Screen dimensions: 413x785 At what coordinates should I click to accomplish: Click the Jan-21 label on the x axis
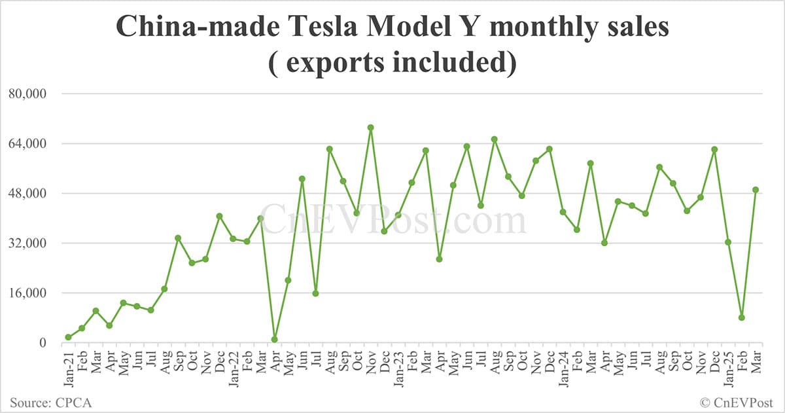click(x=68, y=363)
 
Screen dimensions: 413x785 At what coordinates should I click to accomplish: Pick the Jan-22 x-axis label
click(x=234, y=363)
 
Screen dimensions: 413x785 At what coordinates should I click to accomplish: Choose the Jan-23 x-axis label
click(x=398, y=363)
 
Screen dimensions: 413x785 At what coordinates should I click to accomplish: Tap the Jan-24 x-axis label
click(x=563, y=363)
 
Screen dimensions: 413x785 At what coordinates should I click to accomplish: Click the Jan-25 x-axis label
click(x=728, y=363)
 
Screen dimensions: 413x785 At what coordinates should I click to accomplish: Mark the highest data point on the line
click(x=370, y=128)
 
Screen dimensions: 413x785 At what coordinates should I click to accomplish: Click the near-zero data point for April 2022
click(x=274, y=340)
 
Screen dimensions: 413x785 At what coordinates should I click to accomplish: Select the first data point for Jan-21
click(x=68, y=337)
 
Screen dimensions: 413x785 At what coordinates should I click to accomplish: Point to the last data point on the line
click(x=756, y=190)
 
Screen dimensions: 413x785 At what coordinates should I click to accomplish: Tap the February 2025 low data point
click(x=742, y=317)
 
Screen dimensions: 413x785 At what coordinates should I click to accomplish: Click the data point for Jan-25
click(x=728, y=242)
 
